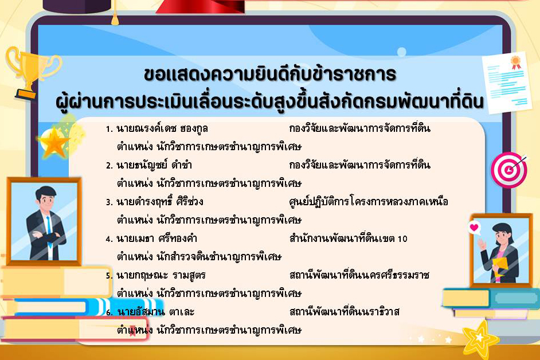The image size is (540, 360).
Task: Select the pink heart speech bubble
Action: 474,228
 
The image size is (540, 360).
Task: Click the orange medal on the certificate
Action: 516,61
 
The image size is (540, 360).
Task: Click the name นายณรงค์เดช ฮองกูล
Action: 162,128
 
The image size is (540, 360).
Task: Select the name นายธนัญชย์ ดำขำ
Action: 153,165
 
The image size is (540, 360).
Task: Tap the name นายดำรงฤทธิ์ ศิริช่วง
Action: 159,202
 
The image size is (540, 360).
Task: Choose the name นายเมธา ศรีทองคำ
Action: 156,238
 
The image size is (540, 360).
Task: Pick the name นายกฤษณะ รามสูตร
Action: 161,275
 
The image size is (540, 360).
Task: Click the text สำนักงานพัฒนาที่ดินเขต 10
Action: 349,238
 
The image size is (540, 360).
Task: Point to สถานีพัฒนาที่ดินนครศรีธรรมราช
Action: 360,275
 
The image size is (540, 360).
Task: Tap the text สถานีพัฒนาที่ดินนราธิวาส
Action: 345,312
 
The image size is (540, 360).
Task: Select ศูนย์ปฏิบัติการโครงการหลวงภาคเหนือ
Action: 369,202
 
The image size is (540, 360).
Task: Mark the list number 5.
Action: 109,276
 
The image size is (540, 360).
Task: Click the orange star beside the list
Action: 55,143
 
